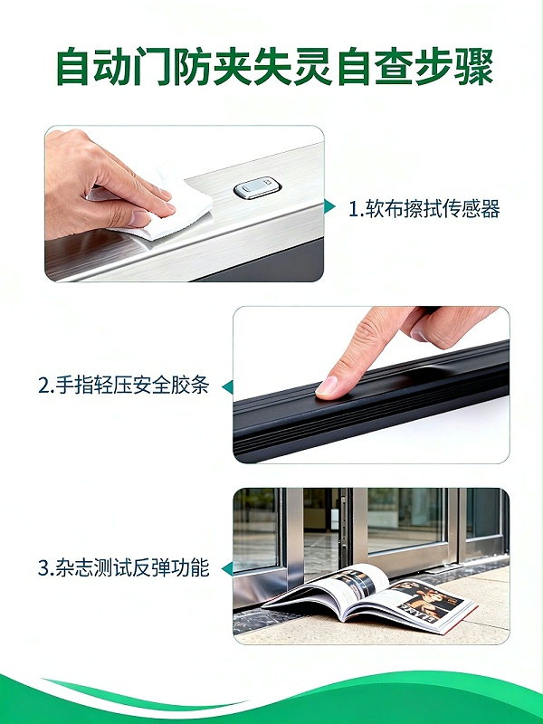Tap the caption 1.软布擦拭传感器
(x=424, y=210)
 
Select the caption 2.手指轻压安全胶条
(x=124, y=386)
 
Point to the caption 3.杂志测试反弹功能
(x=124, y=568)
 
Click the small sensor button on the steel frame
(x=258, y=189)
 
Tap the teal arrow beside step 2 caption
(x=227, y=386)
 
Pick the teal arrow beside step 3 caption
(x=227, y=569)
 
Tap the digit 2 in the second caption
(x=43, y=386)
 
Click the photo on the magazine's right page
(x=425, y=602)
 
